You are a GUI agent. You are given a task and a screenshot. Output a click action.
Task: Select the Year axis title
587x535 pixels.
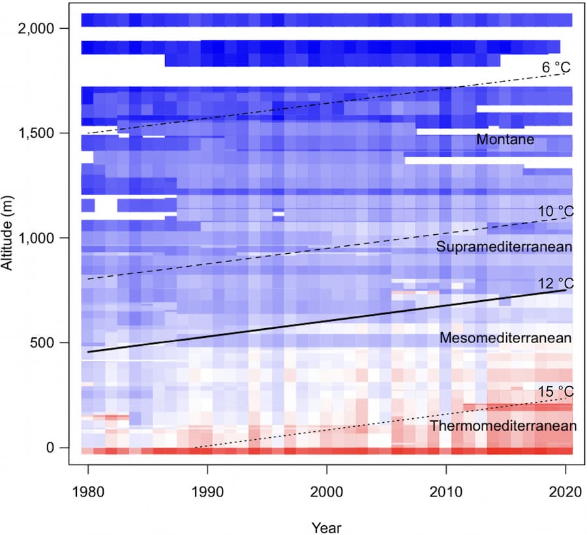coord(326,526)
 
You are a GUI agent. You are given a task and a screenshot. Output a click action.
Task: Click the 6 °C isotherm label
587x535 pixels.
coord(556,67)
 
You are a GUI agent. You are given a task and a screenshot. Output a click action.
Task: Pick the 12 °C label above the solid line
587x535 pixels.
coord(555,283)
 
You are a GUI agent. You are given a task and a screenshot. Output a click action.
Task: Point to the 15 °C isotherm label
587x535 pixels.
coord(555,391)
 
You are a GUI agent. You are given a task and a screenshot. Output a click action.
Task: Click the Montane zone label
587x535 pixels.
coord(505,140)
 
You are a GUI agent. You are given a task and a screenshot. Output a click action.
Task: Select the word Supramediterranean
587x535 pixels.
coord(504,247)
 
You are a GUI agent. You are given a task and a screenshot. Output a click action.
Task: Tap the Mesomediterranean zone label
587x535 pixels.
coord(505,338)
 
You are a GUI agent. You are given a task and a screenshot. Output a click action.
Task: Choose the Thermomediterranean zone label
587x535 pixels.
coord(503,426)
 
